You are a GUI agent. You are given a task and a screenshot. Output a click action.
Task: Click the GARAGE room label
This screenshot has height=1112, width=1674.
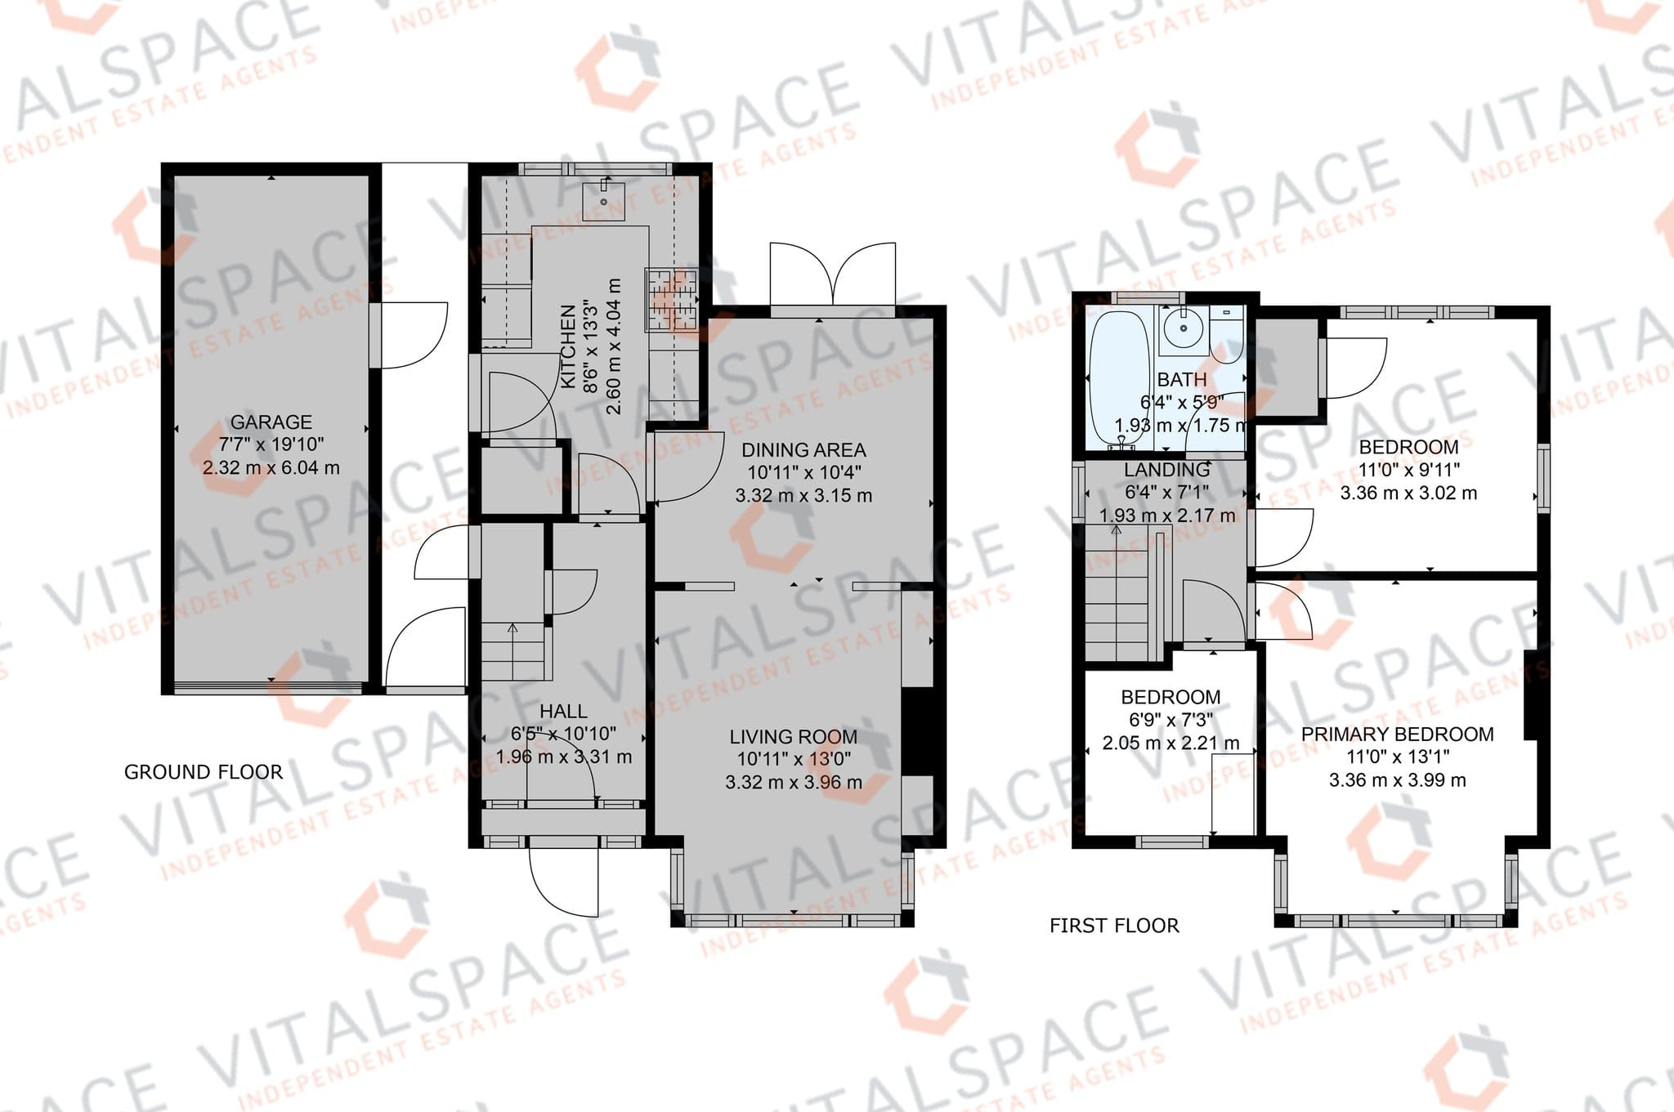pyautogui.click(x=271, y=422)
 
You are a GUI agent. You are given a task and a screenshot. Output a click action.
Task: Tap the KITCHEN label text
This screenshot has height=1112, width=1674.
pyautogui.click(x=569, y=346)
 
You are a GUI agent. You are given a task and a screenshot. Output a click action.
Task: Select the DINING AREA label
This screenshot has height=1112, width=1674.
pyautogui.click(x=803, y=450)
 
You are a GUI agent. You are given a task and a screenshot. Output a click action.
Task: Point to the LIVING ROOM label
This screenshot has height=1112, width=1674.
pyautogui.click(x=794, y=737)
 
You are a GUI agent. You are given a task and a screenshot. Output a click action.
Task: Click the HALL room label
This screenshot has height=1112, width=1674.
pyautogui.click(x=563, y=712)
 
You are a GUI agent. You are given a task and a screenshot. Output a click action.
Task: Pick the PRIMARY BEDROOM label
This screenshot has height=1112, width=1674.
pyautogui.click(x=1398, y=735)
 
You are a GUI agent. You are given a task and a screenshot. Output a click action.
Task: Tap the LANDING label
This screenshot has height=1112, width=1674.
pyautogui.click(x=1166, y=470)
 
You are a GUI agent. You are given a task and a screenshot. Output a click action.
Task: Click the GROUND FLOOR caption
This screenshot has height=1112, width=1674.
pyautogui.click(x=204, y=772)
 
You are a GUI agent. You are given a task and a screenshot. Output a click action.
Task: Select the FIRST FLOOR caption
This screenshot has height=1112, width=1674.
pyautogui.click(x=1114, y=926)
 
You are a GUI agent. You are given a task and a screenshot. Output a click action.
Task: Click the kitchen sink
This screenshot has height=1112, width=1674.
pyautogui.click(x=605, y=201)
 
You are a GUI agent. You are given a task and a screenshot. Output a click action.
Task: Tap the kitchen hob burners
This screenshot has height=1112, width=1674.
pyautogui.click(x=672, y=300)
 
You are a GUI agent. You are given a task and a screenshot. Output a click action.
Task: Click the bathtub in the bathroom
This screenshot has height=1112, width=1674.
pyautogui.click(x=1119, y=378)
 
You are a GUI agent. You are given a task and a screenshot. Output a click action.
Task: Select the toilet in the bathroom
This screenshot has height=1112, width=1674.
pyautogui.click(x=1226, y=334)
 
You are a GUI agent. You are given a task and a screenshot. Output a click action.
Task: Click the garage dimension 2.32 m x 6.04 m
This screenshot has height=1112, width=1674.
pyautogui.click(x=271, y=468)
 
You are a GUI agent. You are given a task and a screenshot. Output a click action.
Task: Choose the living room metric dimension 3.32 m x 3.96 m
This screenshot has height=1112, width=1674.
pyautogui.click(x=794, y=783)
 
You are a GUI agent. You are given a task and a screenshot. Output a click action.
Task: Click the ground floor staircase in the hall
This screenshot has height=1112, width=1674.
pyautogui.click(x=512, y=651)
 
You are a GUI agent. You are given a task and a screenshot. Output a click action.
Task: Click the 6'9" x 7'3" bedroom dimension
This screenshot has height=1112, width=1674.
pyautogui.click(x=1171, y=721)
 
